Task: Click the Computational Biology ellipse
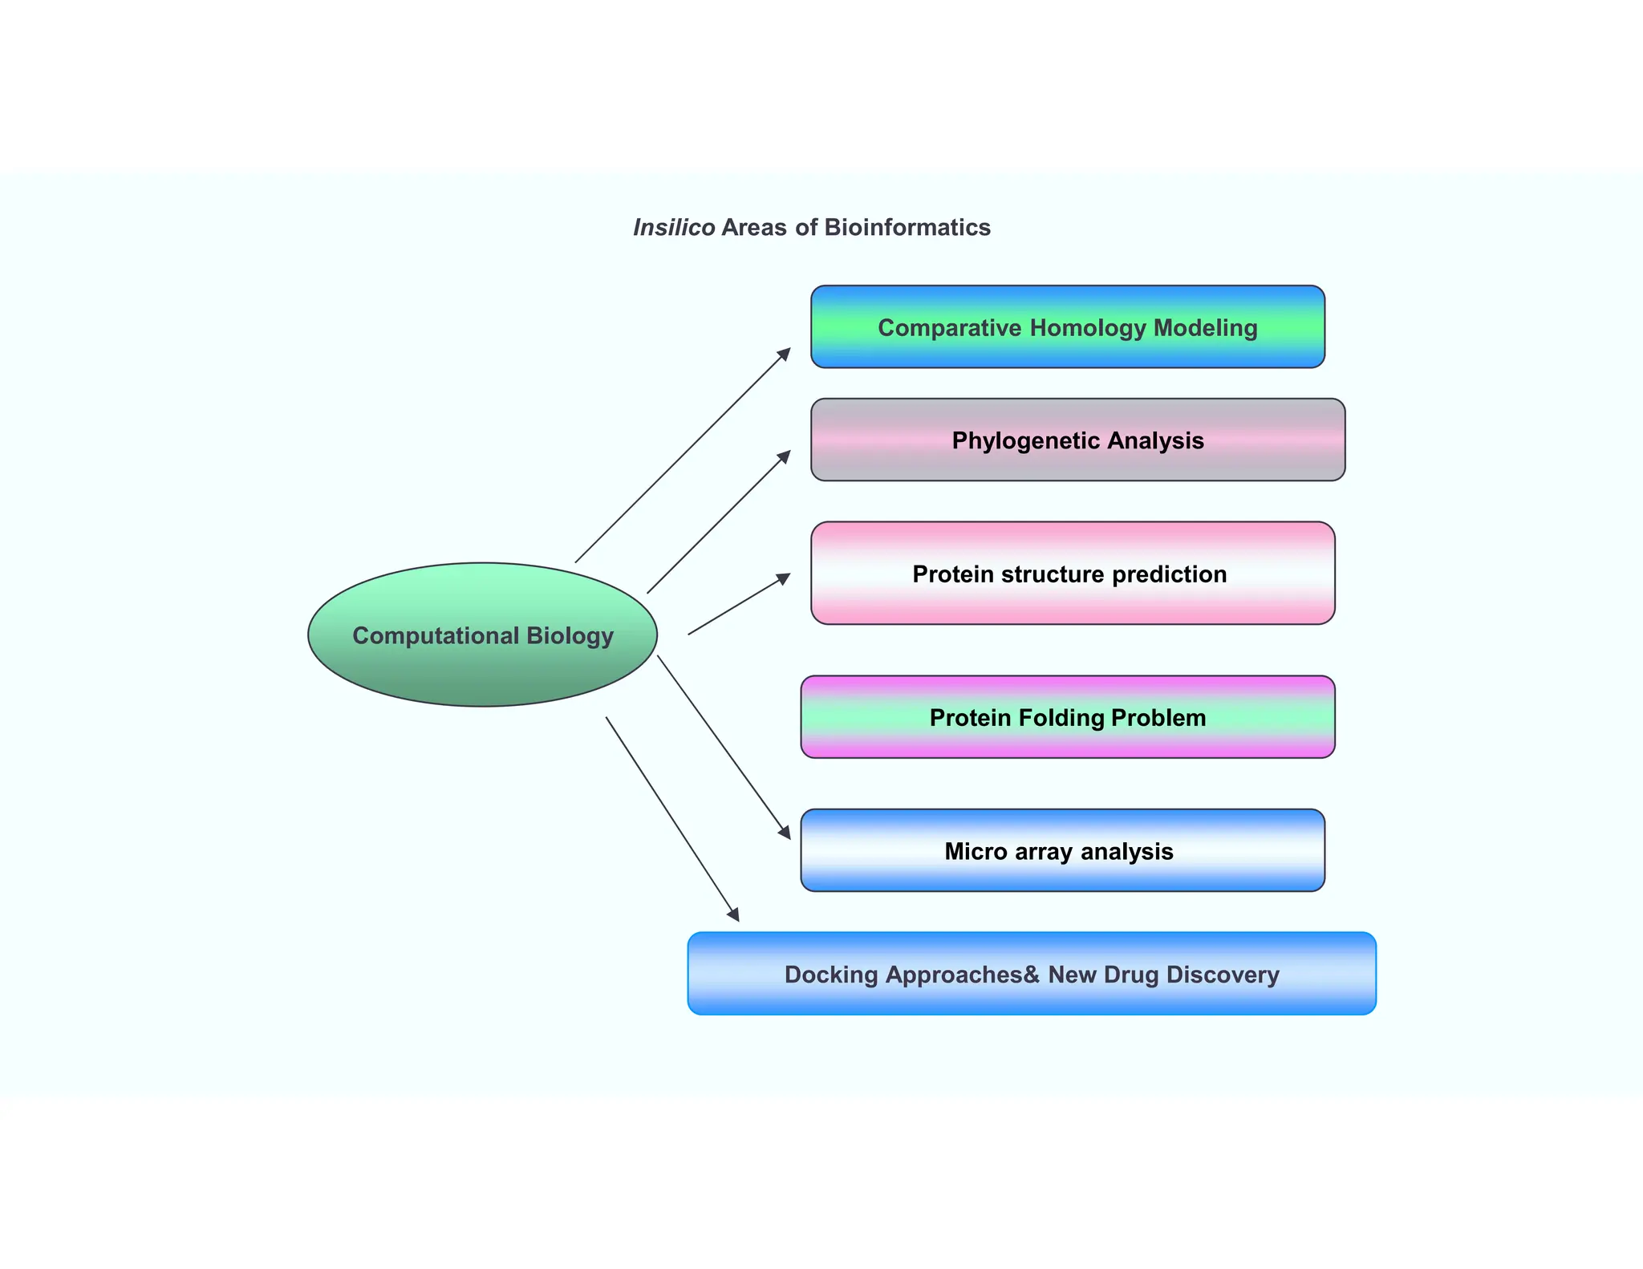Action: click(x=482, y=634)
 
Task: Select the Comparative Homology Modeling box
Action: click(x=1067, y=327)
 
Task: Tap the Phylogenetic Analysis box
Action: click(x=1077, y=440)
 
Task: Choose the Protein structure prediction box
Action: click(x=1073, y=574)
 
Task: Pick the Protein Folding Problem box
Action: click(x=1067, y=717)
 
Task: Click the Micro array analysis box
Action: click(x=1062, y=850)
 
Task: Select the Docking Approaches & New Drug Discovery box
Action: click(x=1032, y=974)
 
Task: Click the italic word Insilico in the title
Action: click(x=674, y=228)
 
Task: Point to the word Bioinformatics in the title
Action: click(x=907, y=228)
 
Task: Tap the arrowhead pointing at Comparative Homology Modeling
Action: click(x=785, y=354)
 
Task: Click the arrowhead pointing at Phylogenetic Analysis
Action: click(x=785, y=456)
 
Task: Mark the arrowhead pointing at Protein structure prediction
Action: click(x=783, y=578)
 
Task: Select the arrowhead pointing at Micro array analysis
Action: click(x=785, y=833)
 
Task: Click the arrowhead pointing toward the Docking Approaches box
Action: click(x=733, y=914)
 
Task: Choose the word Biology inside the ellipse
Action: click(x=570, y=636)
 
